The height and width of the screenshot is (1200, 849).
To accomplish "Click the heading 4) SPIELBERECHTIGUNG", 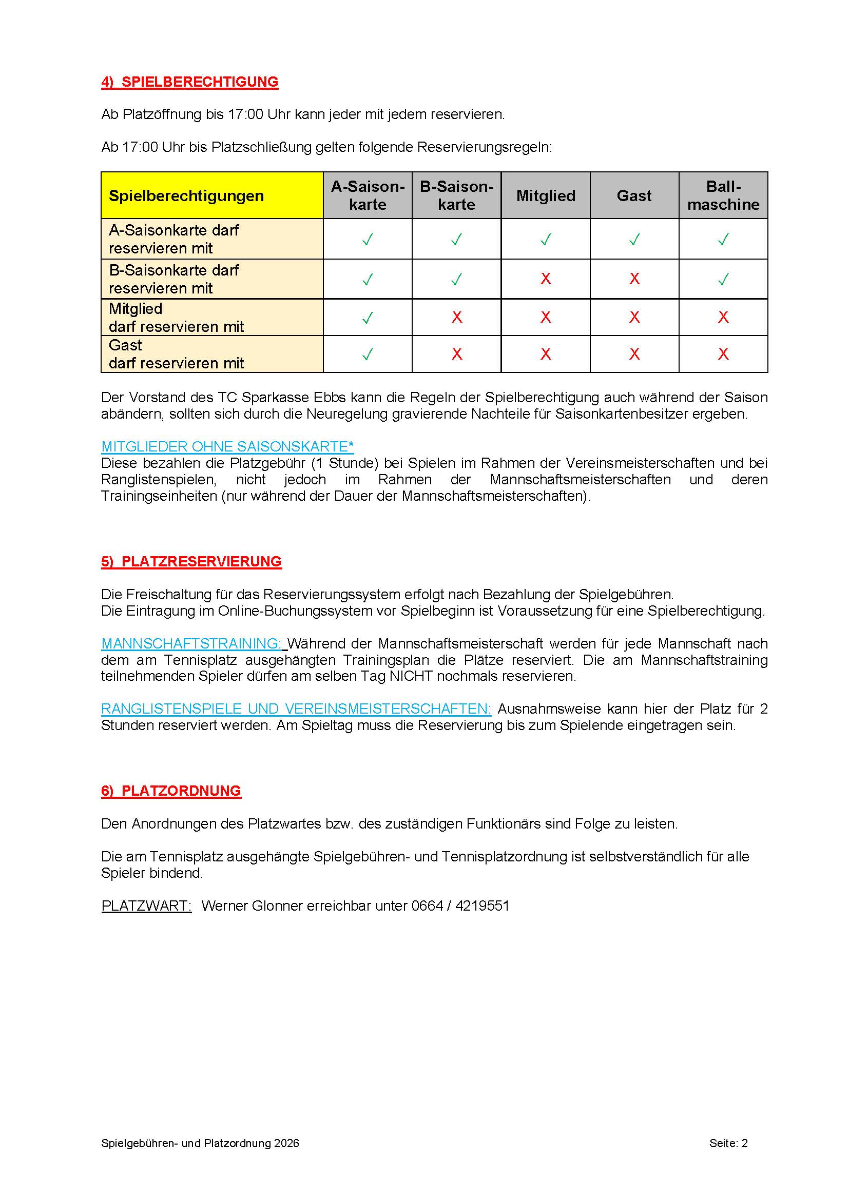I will (x=189, y=82).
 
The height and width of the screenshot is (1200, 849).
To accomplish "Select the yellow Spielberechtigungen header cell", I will (x=211, y=195).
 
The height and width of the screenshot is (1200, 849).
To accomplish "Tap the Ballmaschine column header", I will (x=723, y=195).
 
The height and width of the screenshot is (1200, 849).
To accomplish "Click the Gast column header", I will (x=634, y=195).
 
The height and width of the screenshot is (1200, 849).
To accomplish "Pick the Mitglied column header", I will (x=545, y=195).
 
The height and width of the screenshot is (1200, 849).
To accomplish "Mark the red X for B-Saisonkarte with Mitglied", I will (x=545, y=279).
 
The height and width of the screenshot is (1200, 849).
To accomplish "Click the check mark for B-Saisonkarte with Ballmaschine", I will (x=723, y=280).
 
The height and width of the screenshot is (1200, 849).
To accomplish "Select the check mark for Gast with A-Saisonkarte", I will (x=368, y=355).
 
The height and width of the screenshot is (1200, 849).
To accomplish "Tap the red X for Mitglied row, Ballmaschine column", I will (x=723, y=317).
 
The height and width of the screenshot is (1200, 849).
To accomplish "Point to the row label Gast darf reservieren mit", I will (x=176, y=354).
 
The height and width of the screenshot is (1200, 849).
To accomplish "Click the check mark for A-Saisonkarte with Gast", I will (x=634, y=240).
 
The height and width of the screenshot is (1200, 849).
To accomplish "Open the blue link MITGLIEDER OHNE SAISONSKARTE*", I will (x=227, y=446).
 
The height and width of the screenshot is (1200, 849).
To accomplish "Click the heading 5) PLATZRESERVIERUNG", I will (x=191, y=561).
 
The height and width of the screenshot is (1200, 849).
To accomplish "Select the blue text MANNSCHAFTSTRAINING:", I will (x=191, y=643).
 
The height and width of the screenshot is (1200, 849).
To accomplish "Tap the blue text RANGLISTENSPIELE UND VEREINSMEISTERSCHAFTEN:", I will (x=296, y=709).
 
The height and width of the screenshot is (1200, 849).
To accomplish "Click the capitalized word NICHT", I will (x=411, y=676).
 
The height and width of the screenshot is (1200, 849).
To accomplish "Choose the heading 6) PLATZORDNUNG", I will (x=171, y=791).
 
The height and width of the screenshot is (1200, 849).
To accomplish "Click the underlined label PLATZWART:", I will (x=146, y=906).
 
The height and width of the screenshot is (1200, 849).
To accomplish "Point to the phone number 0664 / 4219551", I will (x=460, y=906).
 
